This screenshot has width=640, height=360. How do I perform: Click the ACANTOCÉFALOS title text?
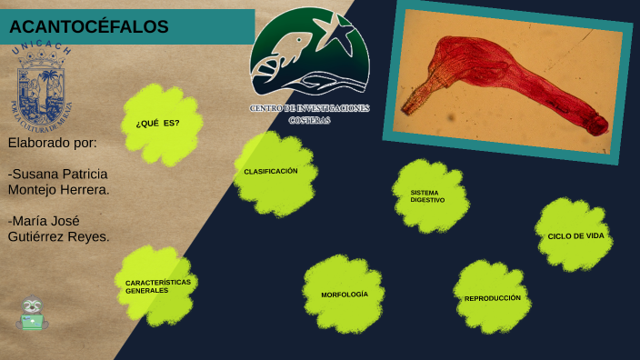(89, 27)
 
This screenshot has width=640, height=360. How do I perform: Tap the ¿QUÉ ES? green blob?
(160, 125)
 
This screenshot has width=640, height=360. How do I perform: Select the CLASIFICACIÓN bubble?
(273, 173)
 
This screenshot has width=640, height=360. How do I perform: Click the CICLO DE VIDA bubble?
(574, 235)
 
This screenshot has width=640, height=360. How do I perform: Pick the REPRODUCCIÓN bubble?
(492, 297)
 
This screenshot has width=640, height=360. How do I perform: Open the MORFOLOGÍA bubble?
(344, 295)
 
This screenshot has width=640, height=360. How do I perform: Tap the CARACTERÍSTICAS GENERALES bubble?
(156, 285)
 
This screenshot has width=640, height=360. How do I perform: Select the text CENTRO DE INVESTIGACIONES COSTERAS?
(309, 114)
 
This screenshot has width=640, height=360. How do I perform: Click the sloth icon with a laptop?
(33, 314)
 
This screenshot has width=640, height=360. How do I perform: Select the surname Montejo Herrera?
(58, 190)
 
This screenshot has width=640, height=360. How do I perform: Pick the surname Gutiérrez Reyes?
(58, 236)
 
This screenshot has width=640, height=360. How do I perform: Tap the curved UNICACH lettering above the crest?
(41, 50)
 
